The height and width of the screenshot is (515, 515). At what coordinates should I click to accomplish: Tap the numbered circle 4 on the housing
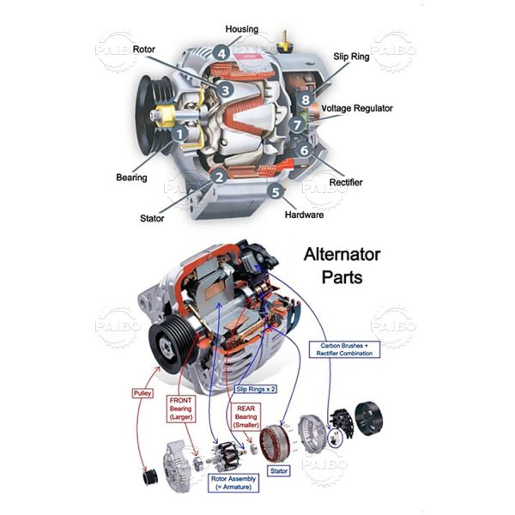(x=222, y=53)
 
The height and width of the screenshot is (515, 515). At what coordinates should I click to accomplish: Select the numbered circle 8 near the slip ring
(x=305, y=100)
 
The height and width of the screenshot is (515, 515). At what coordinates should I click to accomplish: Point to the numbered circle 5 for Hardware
(x=276, y=191)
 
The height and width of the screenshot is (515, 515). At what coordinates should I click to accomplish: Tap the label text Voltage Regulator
(x=358, y=109)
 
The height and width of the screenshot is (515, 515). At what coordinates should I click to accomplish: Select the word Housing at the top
(x=242, y=29)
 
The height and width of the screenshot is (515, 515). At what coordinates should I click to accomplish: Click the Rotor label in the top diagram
(x=144, y=49)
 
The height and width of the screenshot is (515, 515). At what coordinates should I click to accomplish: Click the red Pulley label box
(x=142, y=392)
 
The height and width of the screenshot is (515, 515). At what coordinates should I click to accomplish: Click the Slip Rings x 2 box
(x=255, y=388)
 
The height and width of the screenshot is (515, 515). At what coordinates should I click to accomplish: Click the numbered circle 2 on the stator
(x=220, y=177)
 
